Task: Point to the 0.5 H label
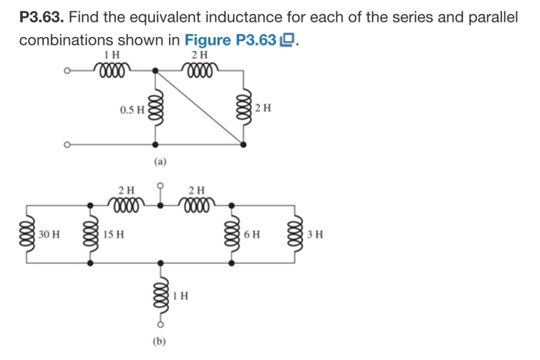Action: coord(132,109)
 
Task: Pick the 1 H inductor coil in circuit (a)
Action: coord(113,70)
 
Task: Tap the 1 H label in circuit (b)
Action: coord(181,294)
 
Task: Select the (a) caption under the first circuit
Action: coord(157,163)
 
